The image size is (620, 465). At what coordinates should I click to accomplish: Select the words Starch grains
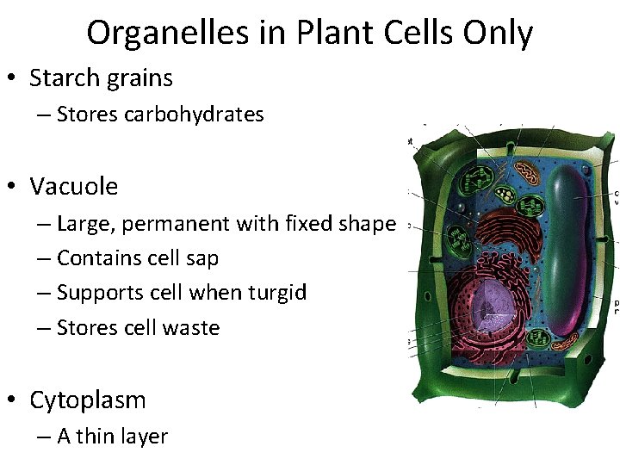[101, 78]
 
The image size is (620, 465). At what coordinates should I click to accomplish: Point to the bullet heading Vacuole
[74, 186]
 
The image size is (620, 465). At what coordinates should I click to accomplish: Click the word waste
[195, 328]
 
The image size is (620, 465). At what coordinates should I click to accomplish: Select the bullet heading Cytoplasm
[88, 400]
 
